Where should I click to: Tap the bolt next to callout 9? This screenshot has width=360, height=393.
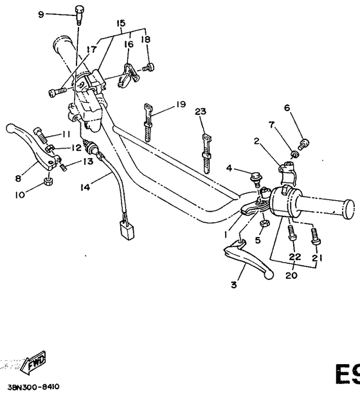point(79,13)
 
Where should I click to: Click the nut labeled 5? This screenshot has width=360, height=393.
point(264,223)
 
